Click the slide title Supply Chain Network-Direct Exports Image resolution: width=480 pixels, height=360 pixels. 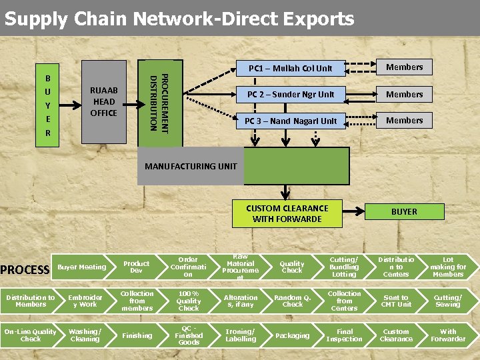click(x=179, y=18)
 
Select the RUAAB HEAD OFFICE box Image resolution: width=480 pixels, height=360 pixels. click(x=103, y=101)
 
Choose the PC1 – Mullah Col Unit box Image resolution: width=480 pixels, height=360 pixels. click(x=290, y=68)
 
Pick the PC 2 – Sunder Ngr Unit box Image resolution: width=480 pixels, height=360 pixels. click(x=290, y=94)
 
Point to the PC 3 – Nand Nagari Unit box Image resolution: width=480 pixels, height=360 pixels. click(x=290, y=121)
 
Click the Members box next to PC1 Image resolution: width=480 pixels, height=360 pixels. click(x=404, y=67)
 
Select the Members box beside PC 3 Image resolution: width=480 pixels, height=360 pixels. click(x=404, y=121)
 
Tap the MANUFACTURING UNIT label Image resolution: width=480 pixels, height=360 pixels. click(x=191, y=166)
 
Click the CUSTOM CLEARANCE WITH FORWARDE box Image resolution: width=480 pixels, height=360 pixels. click(x=287, y=213)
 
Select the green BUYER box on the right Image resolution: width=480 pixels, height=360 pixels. click(x=404, y=211)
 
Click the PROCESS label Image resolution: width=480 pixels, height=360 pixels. click(x=25, y=270)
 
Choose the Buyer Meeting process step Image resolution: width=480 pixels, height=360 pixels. click(x=82, y=267)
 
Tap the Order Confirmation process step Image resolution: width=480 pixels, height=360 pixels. click(x=188, y=267)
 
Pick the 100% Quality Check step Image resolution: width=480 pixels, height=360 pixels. click(x=188, y=301)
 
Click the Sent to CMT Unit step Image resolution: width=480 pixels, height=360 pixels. click(x=396, y=301)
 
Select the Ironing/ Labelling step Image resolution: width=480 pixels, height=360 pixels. click(x=241, y=335)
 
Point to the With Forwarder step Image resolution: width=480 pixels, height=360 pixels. click(x=448, y=335)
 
